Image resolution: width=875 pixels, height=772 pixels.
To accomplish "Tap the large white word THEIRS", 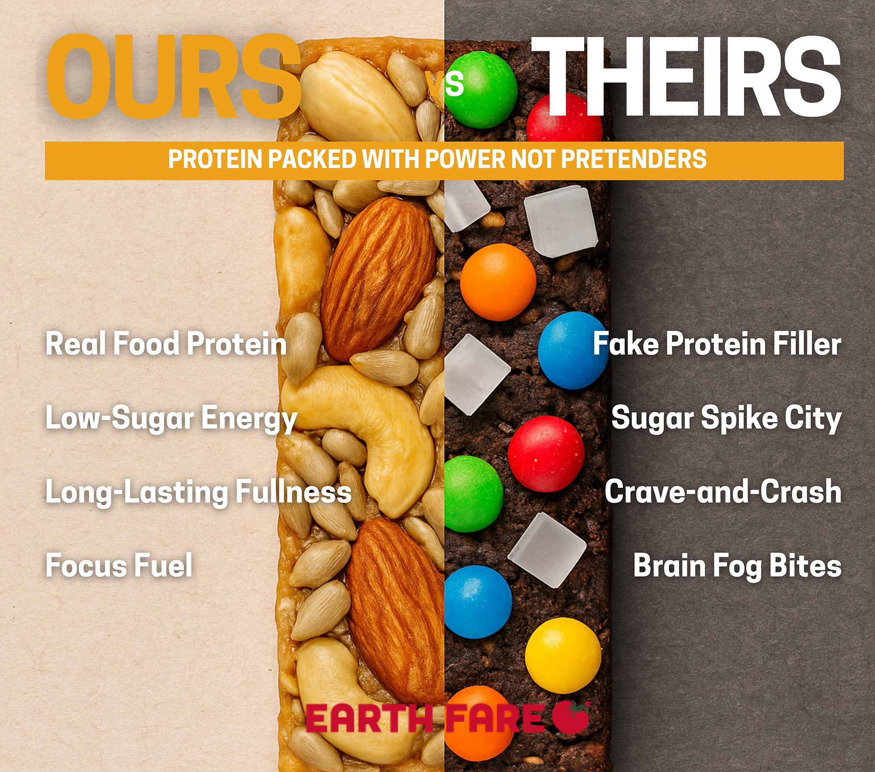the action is point(686,77).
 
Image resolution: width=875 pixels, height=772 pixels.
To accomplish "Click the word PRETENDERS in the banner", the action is point(634,159).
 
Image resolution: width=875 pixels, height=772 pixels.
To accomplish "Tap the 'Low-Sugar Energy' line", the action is point(171,418).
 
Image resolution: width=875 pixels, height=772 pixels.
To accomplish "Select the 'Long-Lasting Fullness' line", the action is point(199,492).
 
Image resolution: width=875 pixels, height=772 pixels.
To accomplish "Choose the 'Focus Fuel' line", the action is point(119,565).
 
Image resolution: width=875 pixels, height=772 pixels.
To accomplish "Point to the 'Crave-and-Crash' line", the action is point(723,491).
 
